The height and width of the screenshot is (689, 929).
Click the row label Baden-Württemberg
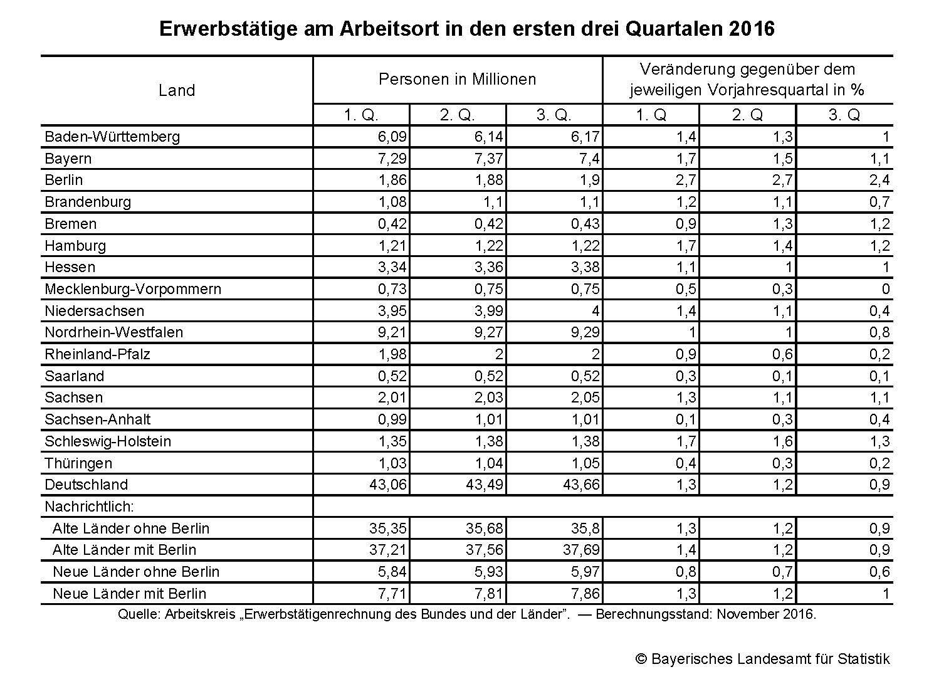tap(112, 137)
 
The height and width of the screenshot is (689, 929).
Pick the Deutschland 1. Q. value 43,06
tap(388, 485)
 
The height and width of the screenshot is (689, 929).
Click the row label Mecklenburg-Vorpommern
tap(133, 289)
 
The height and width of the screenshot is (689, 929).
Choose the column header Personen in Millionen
tap(457, 80)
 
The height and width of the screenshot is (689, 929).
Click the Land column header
tap(177, 90)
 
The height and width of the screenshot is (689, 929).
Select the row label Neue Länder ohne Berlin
tap(136, 572)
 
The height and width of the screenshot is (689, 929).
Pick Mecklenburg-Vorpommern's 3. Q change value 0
tap(885, 289)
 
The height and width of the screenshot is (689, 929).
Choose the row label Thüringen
tap(78, 463)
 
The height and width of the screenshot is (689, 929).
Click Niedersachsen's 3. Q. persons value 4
tap(595, 311)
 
